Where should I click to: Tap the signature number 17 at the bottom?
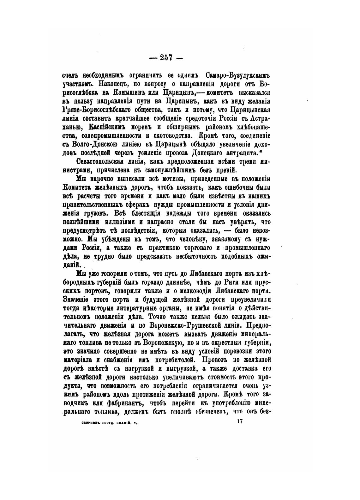pyautogui.click(x=239, y=421)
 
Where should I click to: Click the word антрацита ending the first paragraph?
pyautogui.click(x=246, y=153)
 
